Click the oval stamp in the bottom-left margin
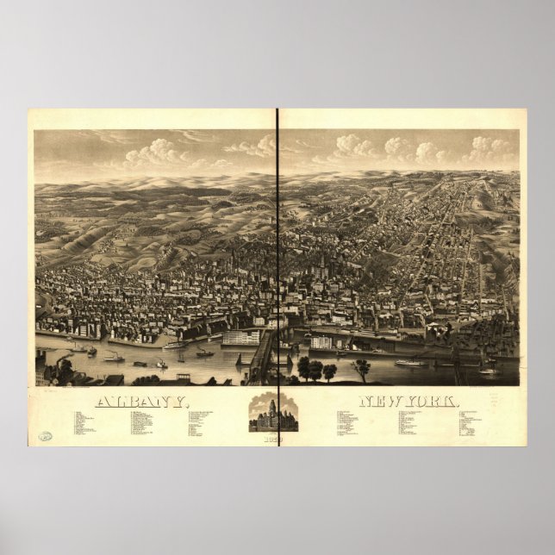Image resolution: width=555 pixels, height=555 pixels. pyautogui.click(x=44, y=435)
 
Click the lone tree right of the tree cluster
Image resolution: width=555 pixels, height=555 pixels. pyautogui.click(x=361, y=368)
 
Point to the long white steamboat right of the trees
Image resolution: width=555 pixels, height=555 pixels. pyautogui.click(x=410, y=363)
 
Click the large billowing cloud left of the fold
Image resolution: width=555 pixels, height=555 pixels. pyautogui.click(x=155, y=154)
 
